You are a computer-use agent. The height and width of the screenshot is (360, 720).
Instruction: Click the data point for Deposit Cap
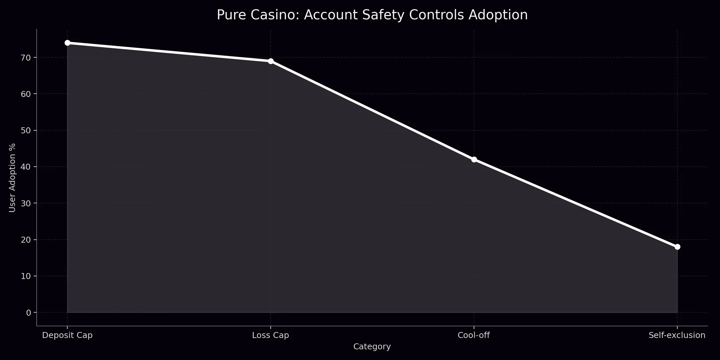pos(67,43)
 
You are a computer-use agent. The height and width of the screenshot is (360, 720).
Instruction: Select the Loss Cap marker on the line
pos(271,61)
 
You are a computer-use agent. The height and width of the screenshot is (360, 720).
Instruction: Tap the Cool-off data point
pos(474,159)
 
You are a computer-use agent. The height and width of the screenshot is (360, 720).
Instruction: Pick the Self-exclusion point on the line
pos(677,247)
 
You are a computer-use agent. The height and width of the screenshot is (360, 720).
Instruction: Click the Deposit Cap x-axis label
pos(67,335)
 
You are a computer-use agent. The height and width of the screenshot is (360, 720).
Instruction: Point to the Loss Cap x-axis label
pos(271,335)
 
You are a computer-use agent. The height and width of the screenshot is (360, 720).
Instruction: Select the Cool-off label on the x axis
pos(474,335)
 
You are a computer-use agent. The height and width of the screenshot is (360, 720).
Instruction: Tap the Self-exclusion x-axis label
pos(677,335)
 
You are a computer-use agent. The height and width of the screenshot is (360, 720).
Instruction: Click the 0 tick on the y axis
pos(28,313)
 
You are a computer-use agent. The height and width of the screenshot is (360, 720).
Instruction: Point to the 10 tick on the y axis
pos(26,276)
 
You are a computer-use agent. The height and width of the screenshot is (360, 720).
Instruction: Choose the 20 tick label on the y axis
pos(26,240)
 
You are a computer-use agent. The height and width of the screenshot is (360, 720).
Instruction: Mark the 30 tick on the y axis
pos(26,203)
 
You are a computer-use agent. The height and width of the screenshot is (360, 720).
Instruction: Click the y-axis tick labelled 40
pos(26,167)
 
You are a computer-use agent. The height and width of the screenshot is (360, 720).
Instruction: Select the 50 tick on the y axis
pos(26,130)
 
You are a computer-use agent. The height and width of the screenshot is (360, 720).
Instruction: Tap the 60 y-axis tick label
pos(26,94)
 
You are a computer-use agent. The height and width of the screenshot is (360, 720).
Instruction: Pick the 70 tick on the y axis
pos(26,58)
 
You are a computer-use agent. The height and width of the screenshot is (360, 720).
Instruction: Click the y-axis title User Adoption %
pos(12,178)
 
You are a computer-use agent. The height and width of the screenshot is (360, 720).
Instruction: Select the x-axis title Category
pos(372,347)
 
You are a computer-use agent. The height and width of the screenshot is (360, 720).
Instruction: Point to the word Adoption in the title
pos(498,15)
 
